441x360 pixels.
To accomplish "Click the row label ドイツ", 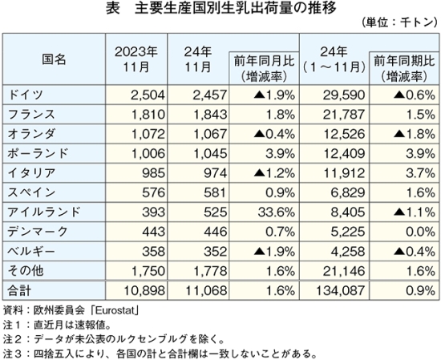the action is click(x=26, y=95).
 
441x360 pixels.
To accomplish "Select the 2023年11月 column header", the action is click(x=136, y=59).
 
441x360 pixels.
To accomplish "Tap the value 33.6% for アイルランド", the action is click(x=277, y=212).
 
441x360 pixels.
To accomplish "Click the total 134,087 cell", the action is click(x=341, y=290).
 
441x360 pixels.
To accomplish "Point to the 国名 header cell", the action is click(x=54, y=59).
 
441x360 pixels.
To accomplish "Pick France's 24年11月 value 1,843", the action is click(x=210, y=115).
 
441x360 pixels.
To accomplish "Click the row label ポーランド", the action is click(x=38, y=154).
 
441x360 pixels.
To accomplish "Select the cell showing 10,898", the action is click(x=144, y=290).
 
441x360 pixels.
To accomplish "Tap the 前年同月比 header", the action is click(x=264, y=61).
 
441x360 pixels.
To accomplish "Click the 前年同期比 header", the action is click(x=404, y=61).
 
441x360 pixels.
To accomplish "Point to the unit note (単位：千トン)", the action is click(x=399, y=22).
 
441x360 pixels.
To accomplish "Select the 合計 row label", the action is click(x=19, y=290).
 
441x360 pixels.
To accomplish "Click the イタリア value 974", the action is click(x=216, y=173).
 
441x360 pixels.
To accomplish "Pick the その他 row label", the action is click(x=26, y=271).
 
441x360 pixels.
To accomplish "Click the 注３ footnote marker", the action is click(x=12, y=353).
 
